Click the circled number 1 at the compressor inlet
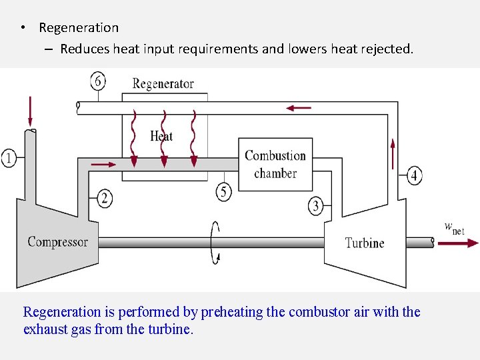coord(9,158)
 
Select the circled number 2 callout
coord(105,197)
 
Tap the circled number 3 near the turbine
coord(315,205)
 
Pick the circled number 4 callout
coord(414,175)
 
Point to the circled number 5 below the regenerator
coord(224,192)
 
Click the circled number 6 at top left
coord(98,81)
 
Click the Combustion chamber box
coord(275,164)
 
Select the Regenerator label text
coord(163,83)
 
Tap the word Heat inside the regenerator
coord(161,136)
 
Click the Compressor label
coord(57,242)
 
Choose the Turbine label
coord(364,243)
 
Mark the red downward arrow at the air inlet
coord(30,110)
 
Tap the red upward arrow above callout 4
coord(393,153)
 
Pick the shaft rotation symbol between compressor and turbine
coord(215,243)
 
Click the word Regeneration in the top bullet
coord(79,28)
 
